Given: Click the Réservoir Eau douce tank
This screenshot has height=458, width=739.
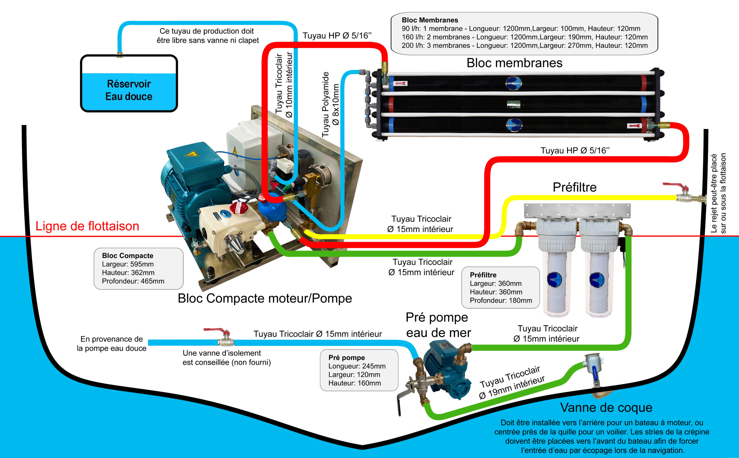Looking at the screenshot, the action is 129,83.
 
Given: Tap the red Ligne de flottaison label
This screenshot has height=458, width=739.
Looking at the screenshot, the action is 87,226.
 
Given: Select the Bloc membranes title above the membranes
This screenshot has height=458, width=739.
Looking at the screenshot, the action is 514,63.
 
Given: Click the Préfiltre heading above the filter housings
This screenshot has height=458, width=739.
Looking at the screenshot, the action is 574,187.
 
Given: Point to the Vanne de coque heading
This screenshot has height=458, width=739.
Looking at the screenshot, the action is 606,407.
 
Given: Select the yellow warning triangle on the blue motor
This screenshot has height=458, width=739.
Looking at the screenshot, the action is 191,153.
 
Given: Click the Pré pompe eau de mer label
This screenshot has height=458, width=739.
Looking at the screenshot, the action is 438,325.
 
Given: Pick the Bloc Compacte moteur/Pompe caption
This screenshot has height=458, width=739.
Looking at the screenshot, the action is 265,298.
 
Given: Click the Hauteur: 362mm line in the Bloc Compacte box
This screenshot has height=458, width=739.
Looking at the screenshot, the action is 128,272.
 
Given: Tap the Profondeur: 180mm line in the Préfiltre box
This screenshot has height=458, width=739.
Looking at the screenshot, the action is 501,301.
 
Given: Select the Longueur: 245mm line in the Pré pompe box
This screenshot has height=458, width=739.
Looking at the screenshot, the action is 357,366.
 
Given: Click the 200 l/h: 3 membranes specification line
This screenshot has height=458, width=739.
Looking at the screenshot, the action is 525,45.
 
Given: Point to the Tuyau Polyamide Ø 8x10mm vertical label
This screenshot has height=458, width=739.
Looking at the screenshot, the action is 330,104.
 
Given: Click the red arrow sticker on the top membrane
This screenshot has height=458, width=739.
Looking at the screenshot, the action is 401,83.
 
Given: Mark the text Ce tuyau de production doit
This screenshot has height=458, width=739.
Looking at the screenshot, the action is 207,31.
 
